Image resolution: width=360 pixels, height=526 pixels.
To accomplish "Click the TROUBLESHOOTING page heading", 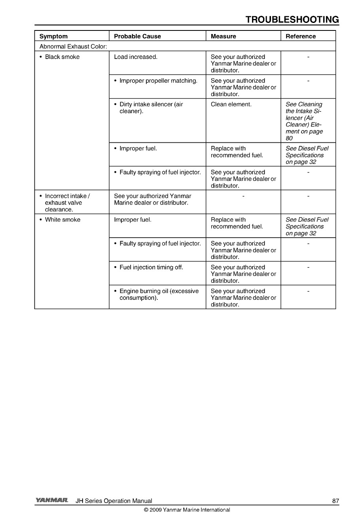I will (x=292, y=20).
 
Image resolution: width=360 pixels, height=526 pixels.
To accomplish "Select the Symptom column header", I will (x=53, y=36).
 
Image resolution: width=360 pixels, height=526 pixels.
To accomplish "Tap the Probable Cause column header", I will (x=137, y=36).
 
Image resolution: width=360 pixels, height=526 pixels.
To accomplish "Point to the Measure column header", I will (x=223, y=36).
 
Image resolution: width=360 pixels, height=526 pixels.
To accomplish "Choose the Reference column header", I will (x=301, y=36).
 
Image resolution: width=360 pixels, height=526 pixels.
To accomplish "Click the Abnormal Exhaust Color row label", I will (x=73, y=47).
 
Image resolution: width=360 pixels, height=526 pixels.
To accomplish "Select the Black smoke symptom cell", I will (x=62, y=57).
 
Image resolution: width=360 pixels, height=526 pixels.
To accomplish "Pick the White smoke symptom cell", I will (x=63, y=220).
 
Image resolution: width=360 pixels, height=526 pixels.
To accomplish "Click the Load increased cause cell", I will (x=136, y=57).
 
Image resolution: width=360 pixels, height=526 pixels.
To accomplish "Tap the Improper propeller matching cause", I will (x=158, y=81).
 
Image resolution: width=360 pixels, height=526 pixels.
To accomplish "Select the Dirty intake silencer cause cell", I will (x=151, y=108).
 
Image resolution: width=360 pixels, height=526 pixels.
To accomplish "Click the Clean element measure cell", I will (x=231, y=104).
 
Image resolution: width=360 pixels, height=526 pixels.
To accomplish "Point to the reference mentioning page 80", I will (x=304, y=121).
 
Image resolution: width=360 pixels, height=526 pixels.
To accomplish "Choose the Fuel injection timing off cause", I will (x=151, y=267).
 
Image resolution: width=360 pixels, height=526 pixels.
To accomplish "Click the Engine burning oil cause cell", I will (x=159, y=294).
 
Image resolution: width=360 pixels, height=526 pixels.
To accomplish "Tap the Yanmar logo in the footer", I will (x=51, y=500).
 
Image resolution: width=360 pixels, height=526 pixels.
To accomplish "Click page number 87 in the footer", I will (x=335, y=501).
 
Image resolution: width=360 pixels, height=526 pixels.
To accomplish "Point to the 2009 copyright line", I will (x=187, y=510).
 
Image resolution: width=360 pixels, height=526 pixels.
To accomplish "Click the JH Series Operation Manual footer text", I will (x=114, y=501).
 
